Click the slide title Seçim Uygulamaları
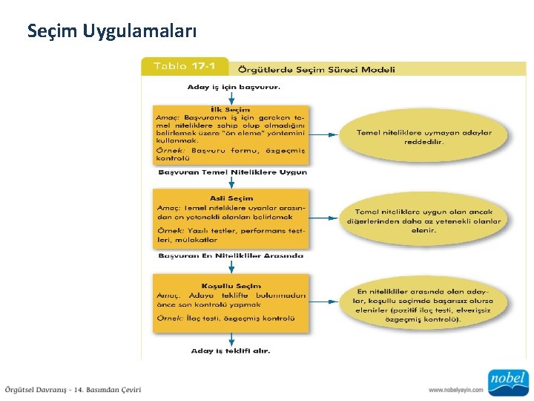coord(112,31)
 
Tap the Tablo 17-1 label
coord(184,66)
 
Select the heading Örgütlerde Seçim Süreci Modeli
coord(316,69)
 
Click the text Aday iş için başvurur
coord(234,87)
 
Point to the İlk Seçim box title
coord(231,109)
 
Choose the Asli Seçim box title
coord(231,198)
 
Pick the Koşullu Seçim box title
coord(231,285)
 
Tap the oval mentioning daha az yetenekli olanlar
coord(423,221)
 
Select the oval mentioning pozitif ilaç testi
coord(423,304)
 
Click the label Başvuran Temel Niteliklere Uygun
coord(232,172)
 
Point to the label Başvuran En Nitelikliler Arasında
coord(231,256)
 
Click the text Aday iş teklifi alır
coord(231,351)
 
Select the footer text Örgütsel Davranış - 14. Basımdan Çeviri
coord(73,389)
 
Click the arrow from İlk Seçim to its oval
coord(321,134)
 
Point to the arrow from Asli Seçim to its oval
coord(321,218)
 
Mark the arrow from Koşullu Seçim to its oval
coord(321,302)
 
